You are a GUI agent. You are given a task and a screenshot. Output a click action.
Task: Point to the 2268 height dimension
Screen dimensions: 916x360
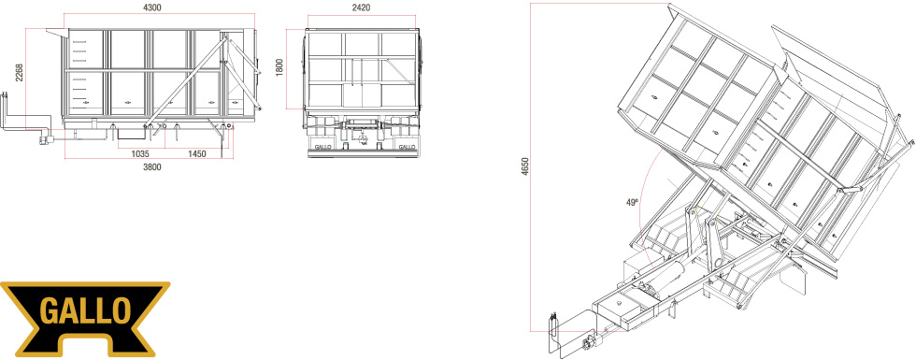(x=20, y=72)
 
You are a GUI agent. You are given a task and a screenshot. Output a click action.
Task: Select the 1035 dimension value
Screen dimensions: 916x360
(x=140, y=153)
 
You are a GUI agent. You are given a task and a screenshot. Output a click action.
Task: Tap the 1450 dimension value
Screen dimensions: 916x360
(x=197, y=153)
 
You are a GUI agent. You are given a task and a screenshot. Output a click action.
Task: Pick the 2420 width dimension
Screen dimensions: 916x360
(x=362, y=7)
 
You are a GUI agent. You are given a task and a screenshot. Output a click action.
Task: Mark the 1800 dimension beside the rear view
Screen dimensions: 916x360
(x=279, y=67)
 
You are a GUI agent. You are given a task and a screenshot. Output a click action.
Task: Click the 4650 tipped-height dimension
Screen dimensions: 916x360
(x=525, y=167)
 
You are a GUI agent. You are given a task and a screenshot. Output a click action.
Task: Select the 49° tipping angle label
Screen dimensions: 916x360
(x=632, y=203)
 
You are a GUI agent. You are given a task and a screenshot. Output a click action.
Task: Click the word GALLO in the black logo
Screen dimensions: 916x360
(x=85, y=311)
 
